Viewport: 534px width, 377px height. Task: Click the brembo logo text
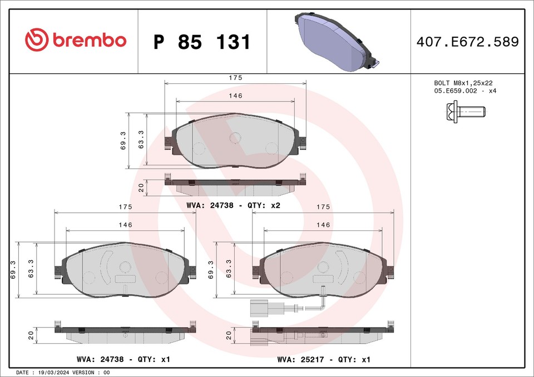89,41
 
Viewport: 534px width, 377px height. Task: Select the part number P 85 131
201,42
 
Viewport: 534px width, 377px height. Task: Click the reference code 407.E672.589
467,42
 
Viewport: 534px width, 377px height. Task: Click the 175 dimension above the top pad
235,78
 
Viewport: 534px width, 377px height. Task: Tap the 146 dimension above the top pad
235,96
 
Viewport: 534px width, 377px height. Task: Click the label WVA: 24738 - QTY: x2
233,205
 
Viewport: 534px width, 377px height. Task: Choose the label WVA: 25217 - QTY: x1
324,360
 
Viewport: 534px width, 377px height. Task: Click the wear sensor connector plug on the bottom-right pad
259,308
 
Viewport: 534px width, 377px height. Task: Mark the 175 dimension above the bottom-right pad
323,207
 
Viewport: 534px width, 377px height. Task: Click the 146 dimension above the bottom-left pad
125,225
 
